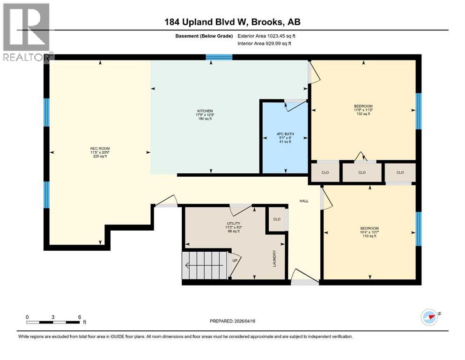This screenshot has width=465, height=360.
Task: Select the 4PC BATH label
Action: tap(284, 138)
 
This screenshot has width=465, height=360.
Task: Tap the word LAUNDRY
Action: tap(275, 259)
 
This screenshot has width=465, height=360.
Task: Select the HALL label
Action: tap(304, 201)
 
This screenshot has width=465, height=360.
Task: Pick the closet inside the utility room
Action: tap(277, 219)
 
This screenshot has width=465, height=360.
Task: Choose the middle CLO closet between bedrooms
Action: tap(362, 172)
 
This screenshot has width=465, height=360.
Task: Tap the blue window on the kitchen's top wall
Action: tap(219, 58)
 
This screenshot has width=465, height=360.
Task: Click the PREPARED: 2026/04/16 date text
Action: tap(233, 321)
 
